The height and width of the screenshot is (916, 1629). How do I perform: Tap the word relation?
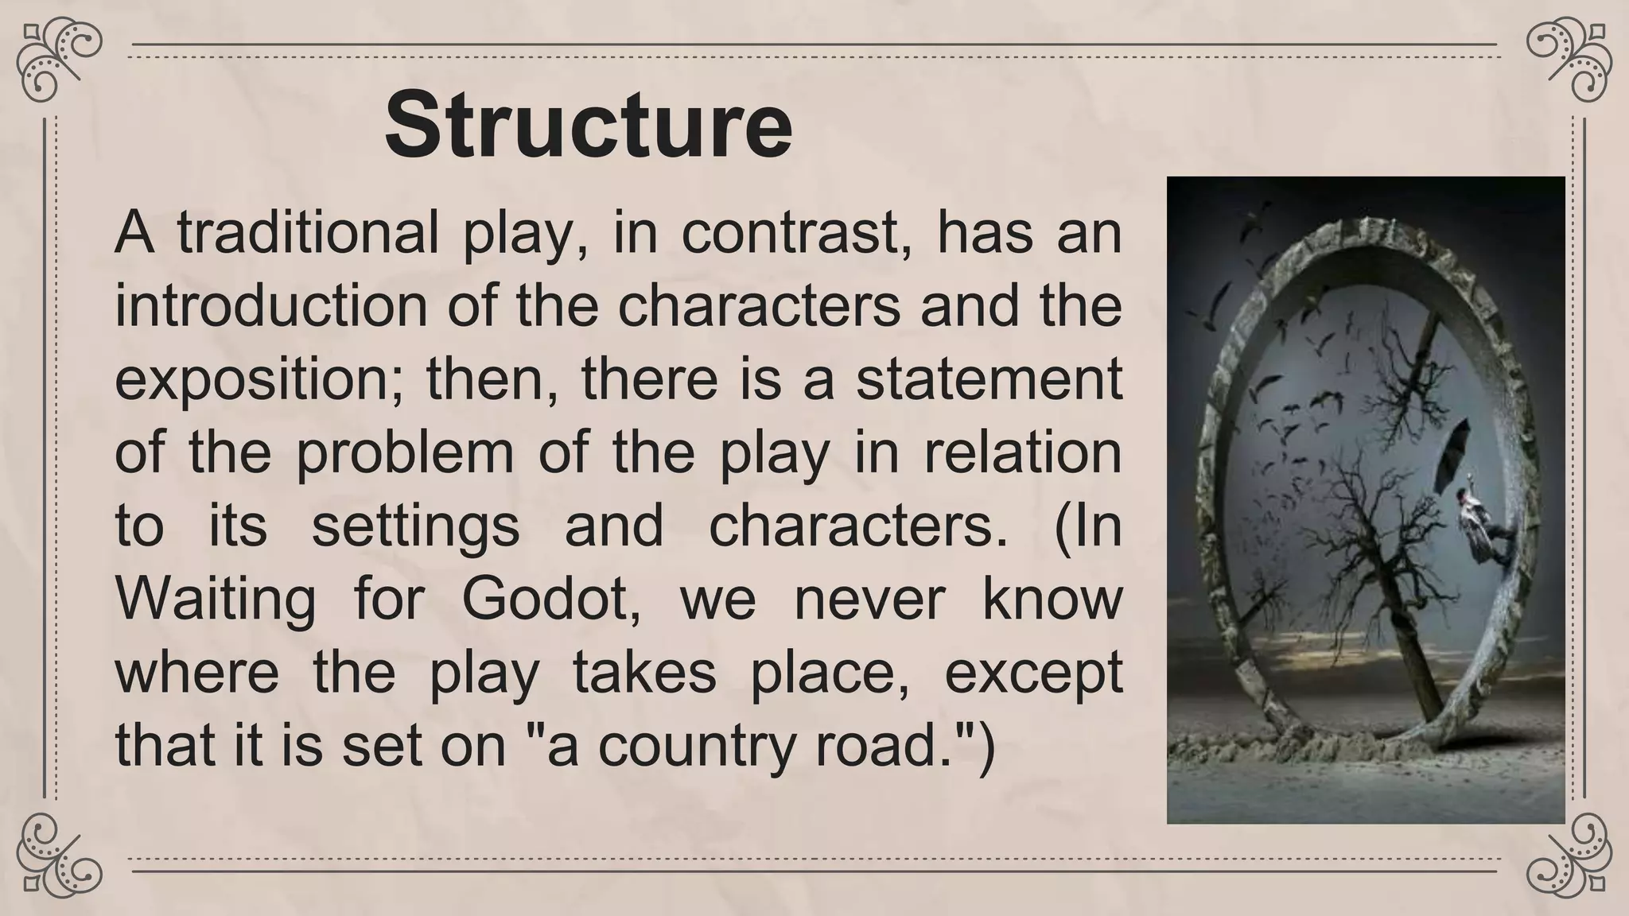tap(1022, 452)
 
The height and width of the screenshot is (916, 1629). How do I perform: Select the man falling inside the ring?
tap(1479, 529)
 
